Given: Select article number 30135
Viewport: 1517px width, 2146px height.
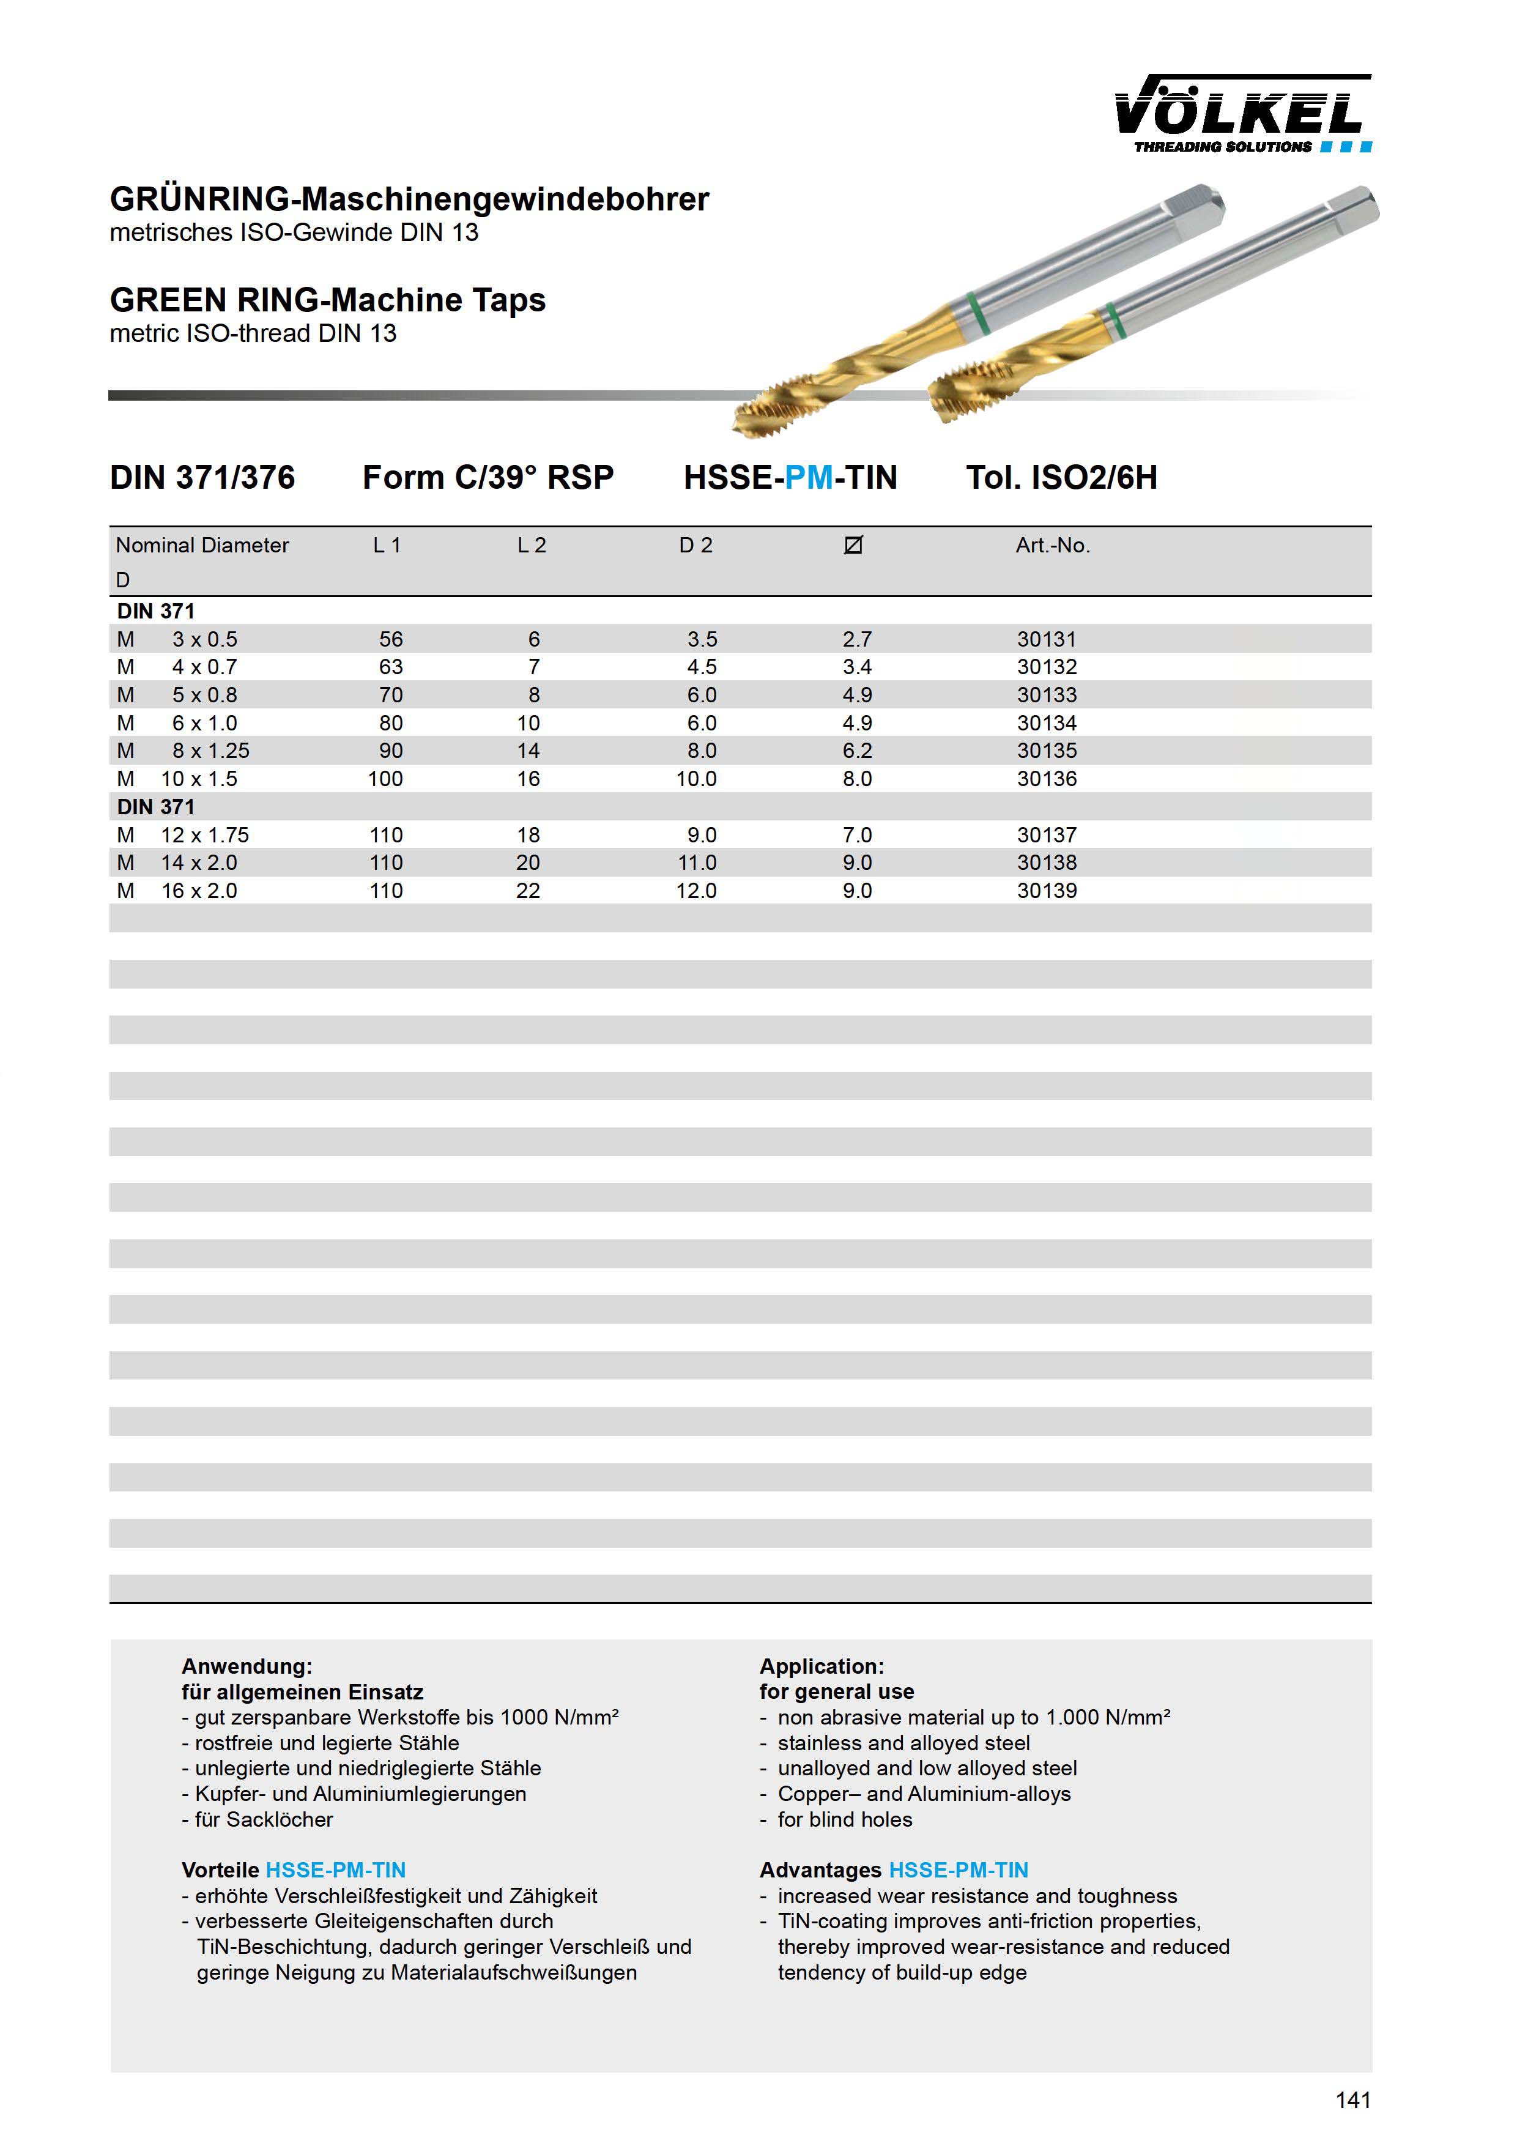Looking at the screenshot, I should tap(1047, 751).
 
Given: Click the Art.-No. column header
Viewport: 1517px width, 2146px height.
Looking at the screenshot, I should tap(1053, 545).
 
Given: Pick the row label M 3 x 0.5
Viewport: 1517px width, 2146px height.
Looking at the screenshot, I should tap(177, 639).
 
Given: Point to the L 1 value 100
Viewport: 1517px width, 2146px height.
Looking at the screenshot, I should tap(385, 779).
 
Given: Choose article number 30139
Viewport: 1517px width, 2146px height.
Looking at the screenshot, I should tap(1047, 891).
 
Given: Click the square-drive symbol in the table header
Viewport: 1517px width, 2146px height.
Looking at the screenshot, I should tap(853, 545).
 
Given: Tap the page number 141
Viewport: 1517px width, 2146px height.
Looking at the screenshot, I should tap(1352, 2100).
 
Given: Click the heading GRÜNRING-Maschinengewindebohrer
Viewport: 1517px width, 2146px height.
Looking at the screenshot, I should tap(409, 199).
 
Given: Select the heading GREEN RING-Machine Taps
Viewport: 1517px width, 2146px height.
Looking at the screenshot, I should tap(327, 300).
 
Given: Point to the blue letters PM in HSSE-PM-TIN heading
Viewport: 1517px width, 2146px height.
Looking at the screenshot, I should tap(809, 478).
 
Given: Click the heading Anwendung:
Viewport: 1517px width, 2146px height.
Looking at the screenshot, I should tap(247, 1666).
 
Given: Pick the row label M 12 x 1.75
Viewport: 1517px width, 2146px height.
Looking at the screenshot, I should tap(182, 834).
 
